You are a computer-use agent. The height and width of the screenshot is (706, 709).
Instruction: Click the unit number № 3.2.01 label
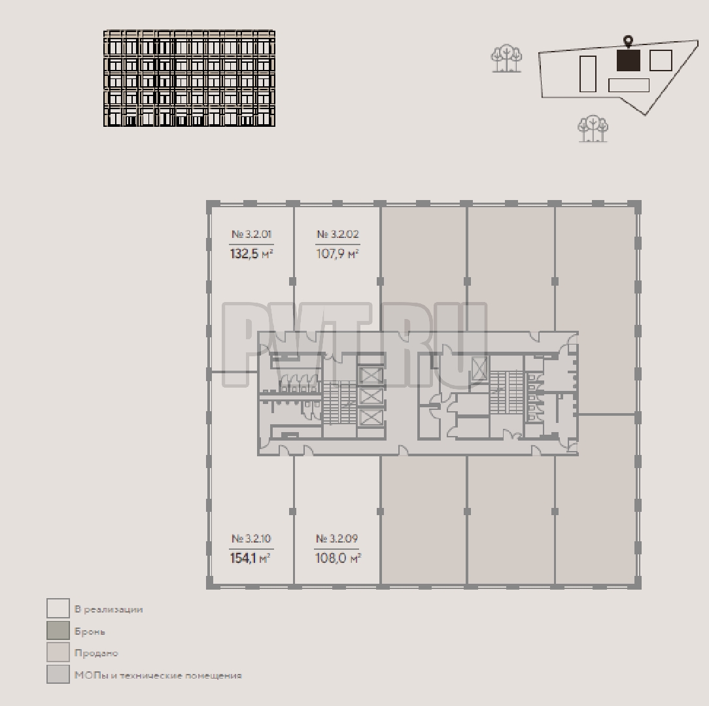(x=251, y=234)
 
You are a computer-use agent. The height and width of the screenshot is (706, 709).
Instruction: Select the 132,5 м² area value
(x=251, y=254)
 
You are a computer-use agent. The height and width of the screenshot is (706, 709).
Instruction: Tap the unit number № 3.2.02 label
(x=337, y=234)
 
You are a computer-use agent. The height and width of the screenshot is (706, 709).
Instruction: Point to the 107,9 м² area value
(x=337, y=254)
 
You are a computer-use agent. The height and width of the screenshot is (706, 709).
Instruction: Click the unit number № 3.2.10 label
(x=251, y=538)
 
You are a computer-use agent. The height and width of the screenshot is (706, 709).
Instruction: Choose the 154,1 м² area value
(x=251, y=558)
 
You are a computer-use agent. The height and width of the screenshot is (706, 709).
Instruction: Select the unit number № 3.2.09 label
(x=337, y=538)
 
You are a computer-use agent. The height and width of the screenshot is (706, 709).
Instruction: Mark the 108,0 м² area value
(x=337, y=558)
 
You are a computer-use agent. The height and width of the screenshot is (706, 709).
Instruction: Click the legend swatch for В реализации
(x=58, y=608)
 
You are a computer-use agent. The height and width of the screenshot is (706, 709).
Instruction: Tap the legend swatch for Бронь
(x=58, y=631)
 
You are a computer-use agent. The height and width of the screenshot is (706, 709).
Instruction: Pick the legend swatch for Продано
(x=58, y=652)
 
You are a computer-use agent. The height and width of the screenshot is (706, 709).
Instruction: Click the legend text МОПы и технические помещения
(x=158, y=676)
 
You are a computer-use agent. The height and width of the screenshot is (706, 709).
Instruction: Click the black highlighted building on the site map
(x=629, y=60)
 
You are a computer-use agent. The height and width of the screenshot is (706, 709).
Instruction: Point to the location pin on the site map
(x=628, y=41)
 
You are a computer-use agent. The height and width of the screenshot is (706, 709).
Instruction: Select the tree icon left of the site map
(x=506, y=58)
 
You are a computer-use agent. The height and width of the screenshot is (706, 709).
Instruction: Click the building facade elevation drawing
(x=189, y=78)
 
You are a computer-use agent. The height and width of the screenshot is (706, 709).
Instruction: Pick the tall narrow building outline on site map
(x=588, y=74)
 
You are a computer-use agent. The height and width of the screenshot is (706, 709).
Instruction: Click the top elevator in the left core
(x=370, y=375)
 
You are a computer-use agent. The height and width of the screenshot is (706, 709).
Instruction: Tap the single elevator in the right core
(x=478, y=369)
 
